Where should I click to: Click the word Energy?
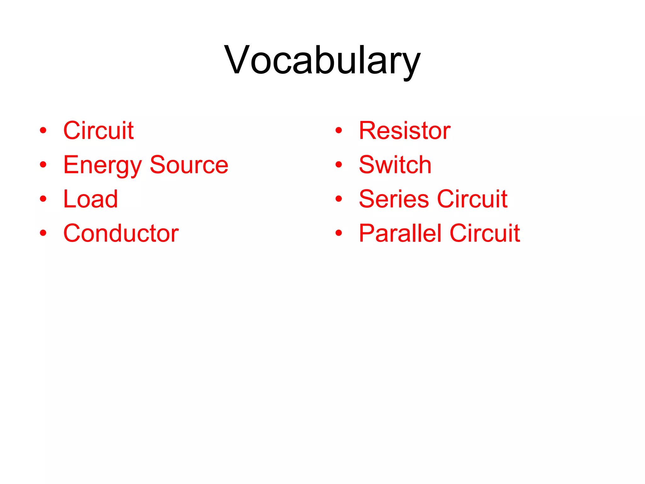pyautogui.click(x=103, y=165)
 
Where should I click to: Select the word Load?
pyautogui.click(x=91, y=199)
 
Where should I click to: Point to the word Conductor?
pyautogui.click(x=121, y=233)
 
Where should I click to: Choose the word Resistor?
pyautogui.click(x=405, y=130)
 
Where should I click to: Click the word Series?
pyautogui.click(x=394, y=199)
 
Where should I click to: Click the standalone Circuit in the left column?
pyautogui.click(x=99, y=130)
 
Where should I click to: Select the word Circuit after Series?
pyautogui.click(x=472, y=199)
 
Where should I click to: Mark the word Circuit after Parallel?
pyautogui.click(x=485, y=233)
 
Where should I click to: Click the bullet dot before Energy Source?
pyautogui.click(x=43, y=164)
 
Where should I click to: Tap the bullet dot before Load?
pyautogui.click(x=43, y=199)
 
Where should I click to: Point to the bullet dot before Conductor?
pyautogui.click(x=43, y=233)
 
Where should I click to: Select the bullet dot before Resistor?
pyautogui.click(x=339, y=130)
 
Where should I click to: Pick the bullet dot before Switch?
pyautogui.click(x=339, y=164)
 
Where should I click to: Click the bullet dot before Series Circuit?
pyautogui.click(x=339, y=199)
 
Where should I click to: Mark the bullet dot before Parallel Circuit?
pyautogui.click(x=339, y=233)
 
